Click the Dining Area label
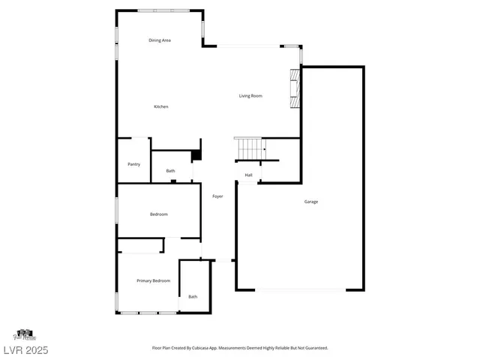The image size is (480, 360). (x=160, y=40)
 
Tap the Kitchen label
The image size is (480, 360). (x=161, y=106)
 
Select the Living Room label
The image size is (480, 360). (x=250, y=96)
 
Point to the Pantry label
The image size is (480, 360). (x=134, y=164)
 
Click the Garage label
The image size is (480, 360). (x=311, y=202)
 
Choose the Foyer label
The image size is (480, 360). (x=217, y=196)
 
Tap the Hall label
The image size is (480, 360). (x=248, y=175)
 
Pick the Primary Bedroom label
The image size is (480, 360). (x=153, y=280)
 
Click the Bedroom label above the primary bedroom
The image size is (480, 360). (x=159, y=214)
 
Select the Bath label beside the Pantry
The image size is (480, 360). (x=171, y=171)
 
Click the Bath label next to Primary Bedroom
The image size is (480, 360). (x=193, y=296)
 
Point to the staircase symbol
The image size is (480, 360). (x=250, y=148)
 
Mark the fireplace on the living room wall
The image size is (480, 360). (x=295, y=89)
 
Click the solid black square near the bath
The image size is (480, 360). (x=196, y=156)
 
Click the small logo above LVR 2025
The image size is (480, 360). (x=25, y=334)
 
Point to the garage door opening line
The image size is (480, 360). (x=301, y=290)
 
